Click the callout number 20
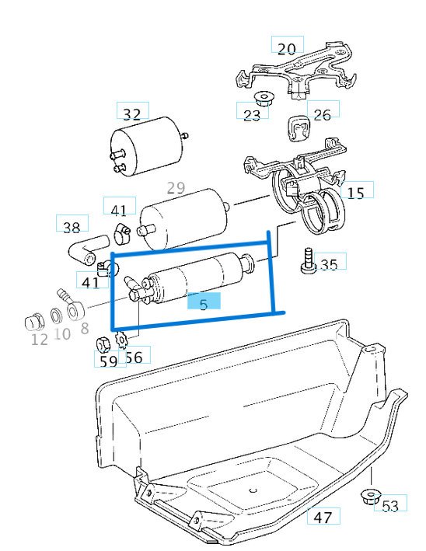[x=287, y=47]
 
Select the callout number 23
[x=252, y=114]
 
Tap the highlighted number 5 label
[x=204, y=304]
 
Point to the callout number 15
[x=355, y=193]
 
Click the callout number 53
[x=389, y=506]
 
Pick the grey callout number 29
[x=176, y=187]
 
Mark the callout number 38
[x=72, y=227]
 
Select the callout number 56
[x=134, y=357]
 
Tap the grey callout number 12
[x=39, y=339]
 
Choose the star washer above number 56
[x=120, y=339]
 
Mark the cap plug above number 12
[x=34, y=321]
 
